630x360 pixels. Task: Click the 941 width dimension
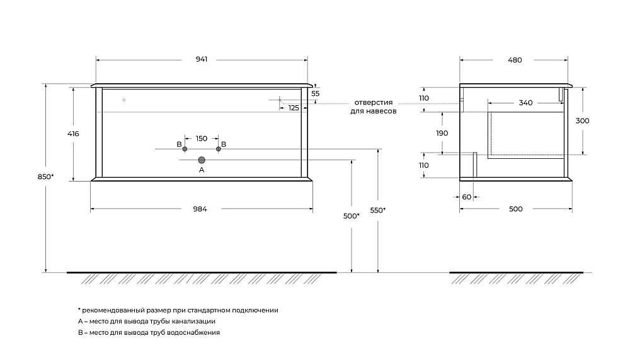[x=202, y=59]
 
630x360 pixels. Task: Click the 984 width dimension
[x=200, y=209]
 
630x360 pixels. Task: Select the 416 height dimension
[x=73, y=134]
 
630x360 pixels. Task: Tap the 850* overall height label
[x=45, y=177]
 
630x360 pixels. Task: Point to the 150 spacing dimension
[x=202, y=138]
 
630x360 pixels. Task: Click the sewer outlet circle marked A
[x=202, y=160]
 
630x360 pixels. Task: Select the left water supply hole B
[x=185, y=149]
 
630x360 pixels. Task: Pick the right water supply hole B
[x=219, y=149]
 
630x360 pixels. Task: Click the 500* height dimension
[x=351, y=216]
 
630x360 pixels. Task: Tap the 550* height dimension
[x=377, y=211]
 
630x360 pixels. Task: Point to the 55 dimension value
[x=316, y=93]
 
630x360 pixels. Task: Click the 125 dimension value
[x=294, y=108]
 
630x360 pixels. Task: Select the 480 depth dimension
[x=515, y=60]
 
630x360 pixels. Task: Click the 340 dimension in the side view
[x=525, y=103]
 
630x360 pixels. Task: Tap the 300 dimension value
[x=582, y=120]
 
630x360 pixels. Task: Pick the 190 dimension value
[x=442, y=133]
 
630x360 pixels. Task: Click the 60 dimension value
[x=466, y=197]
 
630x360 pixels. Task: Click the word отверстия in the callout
[x=373, y=103]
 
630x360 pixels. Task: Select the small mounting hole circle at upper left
[x=124, y=100]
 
